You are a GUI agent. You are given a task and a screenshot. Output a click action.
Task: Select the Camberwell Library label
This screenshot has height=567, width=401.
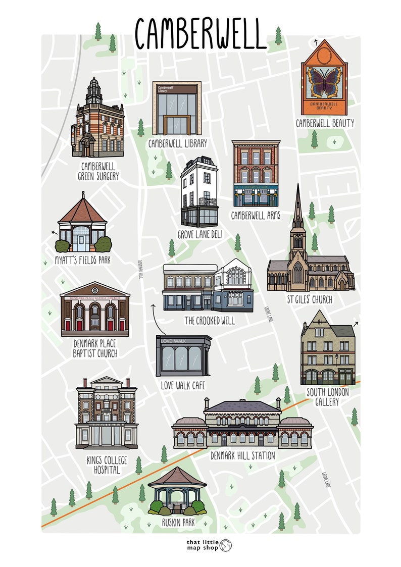(177, 143)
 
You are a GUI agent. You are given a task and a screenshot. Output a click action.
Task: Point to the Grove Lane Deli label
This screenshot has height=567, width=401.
(200, 235)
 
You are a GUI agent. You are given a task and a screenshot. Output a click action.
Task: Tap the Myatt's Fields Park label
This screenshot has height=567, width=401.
(82, 261)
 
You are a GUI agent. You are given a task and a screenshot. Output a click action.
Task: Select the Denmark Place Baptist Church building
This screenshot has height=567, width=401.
(94, 310)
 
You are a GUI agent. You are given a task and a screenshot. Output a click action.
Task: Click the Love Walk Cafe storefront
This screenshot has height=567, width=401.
(183, 356)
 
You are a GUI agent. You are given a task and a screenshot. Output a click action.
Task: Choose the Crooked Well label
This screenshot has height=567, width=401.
(209, 320)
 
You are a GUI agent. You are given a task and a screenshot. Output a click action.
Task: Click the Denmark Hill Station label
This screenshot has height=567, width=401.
(243, 455)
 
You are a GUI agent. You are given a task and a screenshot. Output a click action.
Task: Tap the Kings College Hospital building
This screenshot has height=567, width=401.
(106, 413)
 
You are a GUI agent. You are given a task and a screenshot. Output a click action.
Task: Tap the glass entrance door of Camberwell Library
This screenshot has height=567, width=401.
(176, 125)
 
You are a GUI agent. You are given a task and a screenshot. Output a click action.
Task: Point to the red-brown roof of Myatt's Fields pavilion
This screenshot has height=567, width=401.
(82, 212)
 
